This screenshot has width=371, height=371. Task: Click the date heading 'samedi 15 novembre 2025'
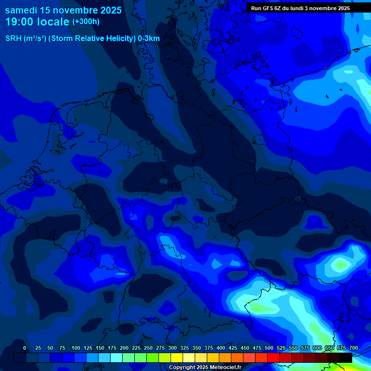(63, 10)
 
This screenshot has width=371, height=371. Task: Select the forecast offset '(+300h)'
(86, 22)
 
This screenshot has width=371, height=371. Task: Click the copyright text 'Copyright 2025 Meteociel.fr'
(205, 367)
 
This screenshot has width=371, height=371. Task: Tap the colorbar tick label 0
(25, 348)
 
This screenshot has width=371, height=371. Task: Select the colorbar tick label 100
(76, 348)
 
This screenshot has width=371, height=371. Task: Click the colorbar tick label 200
(124, 348)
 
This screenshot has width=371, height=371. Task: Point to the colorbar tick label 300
(172, 348)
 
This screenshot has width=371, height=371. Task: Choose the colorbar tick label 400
(221, 348)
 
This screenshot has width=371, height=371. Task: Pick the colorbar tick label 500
(269, 348)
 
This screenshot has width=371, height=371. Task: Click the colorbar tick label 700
(354, 348)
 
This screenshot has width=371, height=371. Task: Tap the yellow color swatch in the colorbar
(177, 357)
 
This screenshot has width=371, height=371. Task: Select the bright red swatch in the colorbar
(273, 357)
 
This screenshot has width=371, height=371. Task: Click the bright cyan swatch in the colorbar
(116, 357)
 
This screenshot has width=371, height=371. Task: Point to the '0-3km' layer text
(149, 39)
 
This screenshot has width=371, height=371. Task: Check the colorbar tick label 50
(51, 348)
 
